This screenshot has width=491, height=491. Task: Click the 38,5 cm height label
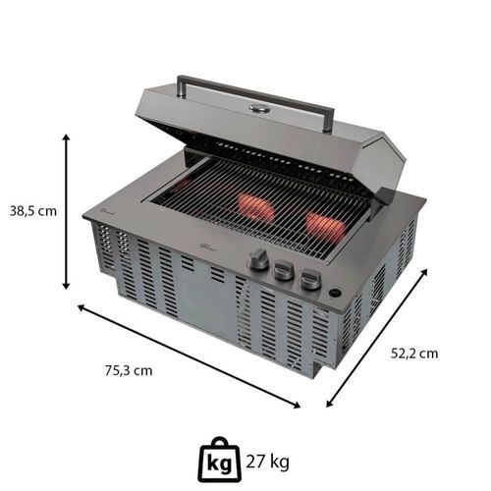coord(33,211)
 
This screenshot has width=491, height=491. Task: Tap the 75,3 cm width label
coord(129,370)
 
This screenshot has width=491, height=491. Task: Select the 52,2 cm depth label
coord(414,354)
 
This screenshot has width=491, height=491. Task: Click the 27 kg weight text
coord(267,463)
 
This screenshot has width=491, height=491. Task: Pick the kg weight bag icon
coord(220,460)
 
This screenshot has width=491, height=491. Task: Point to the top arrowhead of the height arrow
coord(66,137)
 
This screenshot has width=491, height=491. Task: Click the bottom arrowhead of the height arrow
coord(66,286)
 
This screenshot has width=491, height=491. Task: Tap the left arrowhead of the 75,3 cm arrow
coord(82,307)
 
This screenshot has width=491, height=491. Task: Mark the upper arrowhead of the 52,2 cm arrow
coord(423,273)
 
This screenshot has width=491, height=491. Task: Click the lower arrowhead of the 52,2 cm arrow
coord(330,404)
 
